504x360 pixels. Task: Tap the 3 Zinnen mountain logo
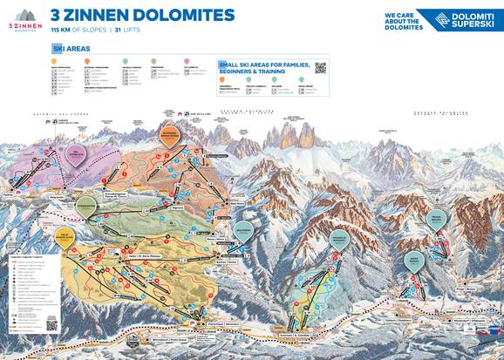tap(24, 17)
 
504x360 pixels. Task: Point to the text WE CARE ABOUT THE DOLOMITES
tap(404, 20)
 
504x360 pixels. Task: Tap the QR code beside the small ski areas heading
tap(320, 67)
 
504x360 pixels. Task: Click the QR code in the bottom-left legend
tap(51, 325)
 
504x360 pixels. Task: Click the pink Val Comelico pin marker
tap(76, 155)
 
